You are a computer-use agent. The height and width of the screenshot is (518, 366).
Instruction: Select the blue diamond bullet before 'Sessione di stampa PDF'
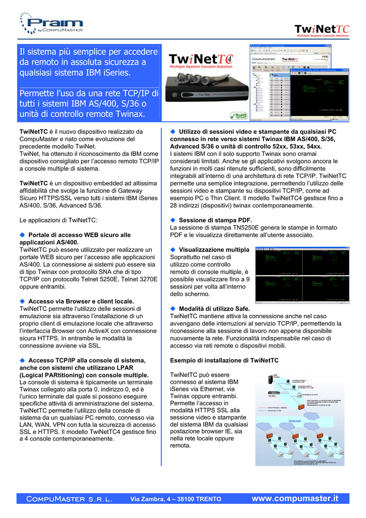point(173,220)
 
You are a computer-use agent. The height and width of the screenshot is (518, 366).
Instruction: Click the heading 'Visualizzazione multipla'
point(214,250)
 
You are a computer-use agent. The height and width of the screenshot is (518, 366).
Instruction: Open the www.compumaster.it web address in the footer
point(295,498)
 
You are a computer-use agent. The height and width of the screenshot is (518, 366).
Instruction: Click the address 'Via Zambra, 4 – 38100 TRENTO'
point(176,499)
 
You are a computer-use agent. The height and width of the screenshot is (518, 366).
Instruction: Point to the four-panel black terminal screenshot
point(302,275)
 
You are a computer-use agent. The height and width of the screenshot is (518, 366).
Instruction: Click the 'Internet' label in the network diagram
point(295,421)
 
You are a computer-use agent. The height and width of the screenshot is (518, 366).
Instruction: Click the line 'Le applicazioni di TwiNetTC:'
point(58,220)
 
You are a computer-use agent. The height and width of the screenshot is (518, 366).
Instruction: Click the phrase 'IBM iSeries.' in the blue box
point(106,73)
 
